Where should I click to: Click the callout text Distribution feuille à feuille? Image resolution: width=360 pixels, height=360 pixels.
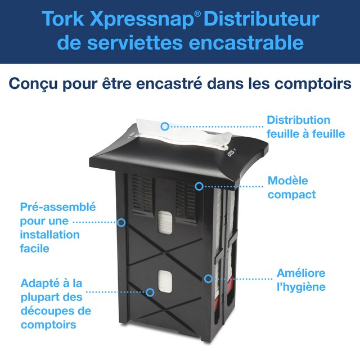tap(298, 127)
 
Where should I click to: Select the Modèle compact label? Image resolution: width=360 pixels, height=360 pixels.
tap(291, 188)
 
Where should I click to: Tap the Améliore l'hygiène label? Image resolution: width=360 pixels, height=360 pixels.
tap(301, 280)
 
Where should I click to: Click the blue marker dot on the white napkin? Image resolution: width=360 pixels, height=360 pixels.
tap(164, 127)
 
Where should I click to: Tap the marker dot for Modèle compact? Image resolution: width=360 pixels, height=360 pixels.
tap(199, 185)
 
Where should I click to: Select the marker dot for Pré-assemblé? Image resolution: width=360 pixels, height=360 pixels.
tap(121, 222)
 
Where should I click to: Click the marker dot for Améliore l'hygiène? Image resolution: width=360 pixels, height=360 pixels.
tap(208, 278)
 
